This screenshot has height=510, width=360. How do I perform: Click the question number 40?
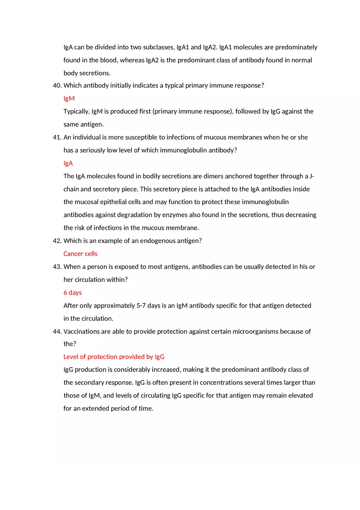(57, 85)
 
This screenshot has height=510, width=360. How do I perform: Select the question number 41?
(57, 137)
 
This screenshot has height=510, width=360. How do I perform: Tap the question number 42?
(57, 241)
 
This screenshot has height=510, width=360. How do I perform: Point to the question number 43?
(57, 267)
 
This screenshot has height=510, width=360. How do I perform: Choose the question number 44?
(57, 332)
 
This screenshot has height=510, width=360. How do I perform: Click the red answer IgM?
(69, 99)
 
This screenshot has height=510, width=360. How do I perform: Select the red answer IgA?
(68, 163)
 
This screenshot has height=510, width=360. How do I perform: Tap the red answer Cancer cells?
(80, 254)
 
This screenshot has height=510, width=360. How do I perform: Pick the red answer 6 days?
(72, 293)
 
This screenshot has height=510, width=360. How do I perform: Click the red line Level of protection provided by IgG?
(114, 357)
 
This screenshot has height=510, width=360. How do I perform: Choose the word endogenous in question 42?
(157, 241)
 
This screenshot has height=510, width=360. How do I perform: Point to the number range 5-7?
(141, 306)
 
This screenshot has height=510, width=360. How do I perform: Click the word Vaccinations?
(81, 332)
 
